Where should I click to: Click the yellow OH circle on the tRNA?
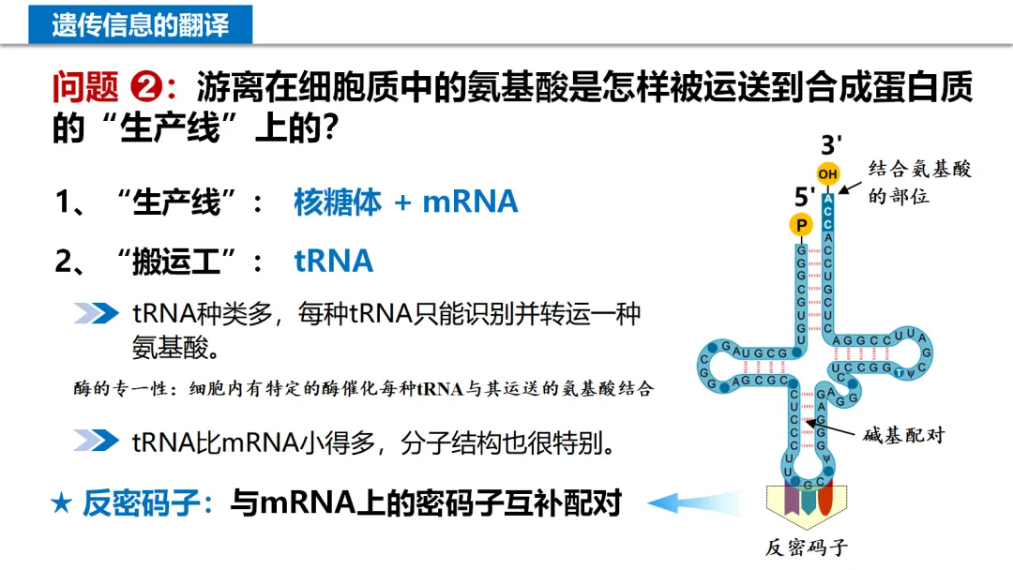[827, 173]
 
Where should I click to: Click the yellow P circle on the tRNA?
[800, 225]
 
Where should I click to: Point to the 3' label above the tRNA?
[831, 145]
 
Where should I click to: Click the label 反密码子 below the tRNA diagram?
[807, 547]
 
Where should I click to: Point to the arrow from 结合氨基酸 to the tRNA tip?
[850, 186]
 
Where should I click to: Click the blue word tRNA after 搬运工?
[334, 261]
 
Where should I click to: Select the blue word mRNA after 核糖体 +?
[470, 202]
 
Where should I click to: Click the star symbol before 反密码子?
[62, 504]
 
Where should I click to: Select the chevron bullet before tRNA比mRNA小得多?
[96, 441]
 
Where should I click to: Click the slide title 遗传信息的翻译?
[140, 23]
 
